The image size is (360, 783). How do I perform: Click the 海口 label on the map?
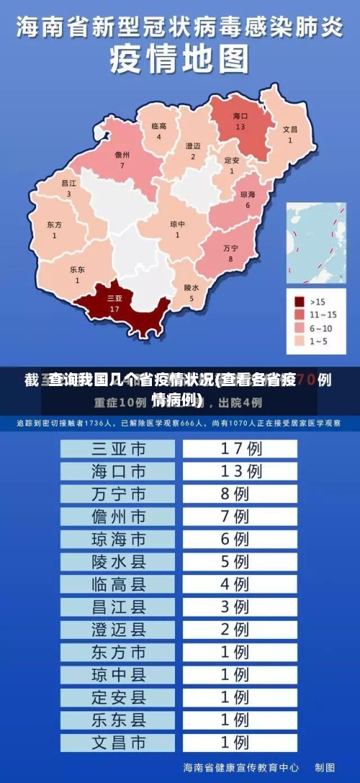pyautogui.click(x=240, y=116)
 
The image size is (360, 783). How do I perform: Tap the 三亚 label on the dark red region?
pyautogui.click(x=114, y=298)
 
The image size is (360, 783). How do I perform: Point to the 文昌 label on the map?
pyautogui.click(x=289, y=130)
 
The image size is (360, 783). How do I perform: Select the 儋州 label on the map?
pyautogui.click(x=122, y=155)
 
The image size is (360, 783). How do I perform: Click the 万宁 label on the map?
pyautogui.click(x=230, y=249)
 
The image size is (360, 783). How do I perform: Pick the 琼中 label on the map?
pyautogui.click(x=177, y=224)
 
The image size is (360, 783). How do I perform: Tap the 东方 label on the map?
pyautogui.click(x=54, y=225)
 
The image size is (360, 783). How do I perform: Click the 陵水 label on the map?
pyautogui.click(x=191, y=287)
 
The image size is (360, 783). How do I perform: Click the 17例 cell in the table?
pyautogui.click(x=240, y=448)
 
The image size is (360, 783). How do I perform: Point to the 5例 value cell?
pyautogui.click(x=240, y=561)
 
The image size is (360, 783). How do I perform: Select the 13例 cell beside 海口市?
pyautogui.click(x=240, y=471)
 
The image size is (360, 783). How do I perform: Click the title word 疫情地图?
pyautogui.click(x=179, y=60)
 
